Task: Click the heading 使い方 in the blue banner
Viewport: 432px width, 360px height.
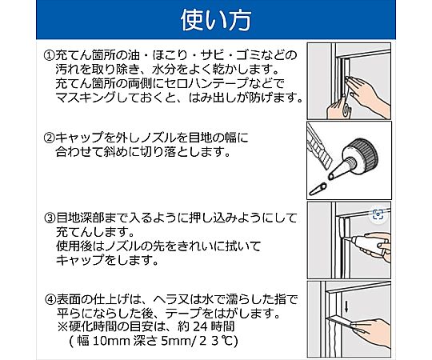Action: (216, 21)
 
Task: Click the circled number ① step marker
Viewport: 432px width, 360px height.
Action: (49, 56)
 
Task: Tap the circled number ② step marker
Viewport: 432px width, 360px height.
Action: (49, 138)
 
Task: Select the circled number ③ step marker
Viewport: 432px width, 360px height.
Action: (50, 218)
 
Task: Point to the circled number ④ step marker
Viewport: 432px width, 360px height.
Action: (50, 299)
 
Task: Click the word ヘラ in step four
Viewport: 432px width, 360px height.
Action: (166, 299)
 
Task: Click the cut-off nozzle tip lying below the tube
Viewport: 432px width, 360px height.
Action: (318, 189)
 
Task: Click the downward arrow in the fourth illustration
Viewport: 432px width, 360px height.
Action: (346, 307)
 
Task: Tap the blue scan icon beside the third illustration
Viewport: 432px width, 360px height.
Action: (378, 214)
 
